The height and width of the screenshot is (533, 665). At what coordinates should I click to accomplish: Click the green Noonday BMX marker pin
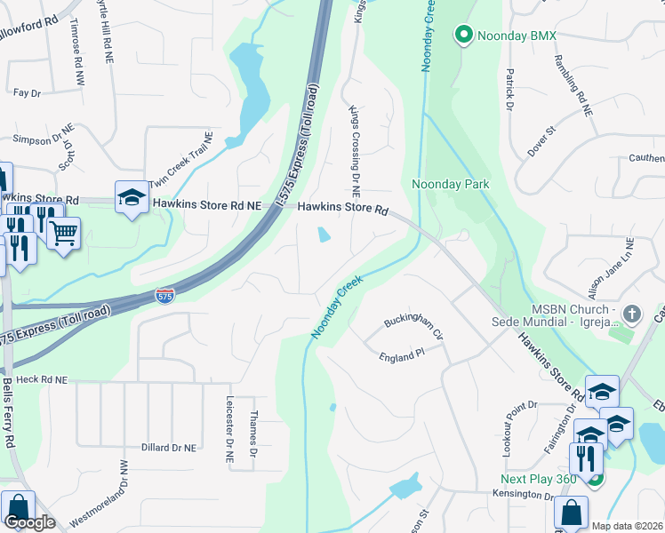point(463,36)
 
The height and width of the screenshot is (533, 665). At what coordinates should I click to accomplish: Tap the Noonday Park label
point(451,184)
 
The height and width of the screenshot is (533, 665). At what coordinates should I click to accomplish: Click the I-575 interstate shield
point(164,296)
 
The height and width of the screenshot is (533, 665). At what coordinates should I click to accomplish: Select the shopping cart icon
point(63,234)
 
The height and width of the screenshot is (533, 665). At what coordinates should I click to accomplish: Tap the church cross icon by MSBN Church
point(632,314)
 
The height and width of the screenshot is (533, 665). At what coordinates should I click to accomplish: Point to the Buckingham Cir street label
point(413,325)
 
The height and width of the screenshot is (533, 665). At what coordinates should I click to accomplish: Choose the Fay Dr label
point(28,92)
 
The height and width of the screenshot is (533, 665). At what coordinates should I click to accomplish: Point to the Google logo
point(29,521)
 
